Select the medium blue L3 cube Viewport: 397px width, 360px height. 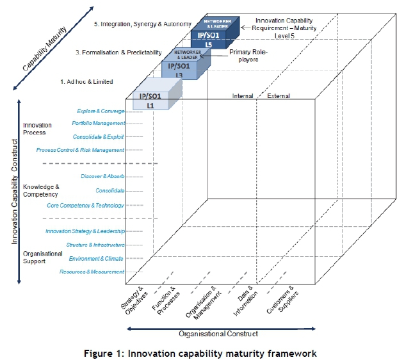pos(180,70)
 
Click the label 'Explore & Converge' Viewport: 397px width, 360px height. pos(101,111)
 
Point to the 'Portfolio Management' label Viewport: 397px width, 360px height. pos(98,123)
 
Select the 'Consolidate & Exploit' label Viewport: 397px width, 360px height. pos(99,136)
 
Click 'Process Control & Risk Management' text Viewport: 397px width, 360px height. pos(80,150)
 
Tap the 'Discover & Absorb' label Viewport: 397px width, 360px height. pos(102,176)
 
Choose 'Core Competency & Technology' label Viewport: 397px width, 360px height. pos(85,206)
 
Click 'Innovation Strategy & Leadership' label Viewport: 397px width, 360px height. pos(85,231)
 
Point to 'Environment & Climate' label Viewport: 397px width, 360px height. pos(96,259)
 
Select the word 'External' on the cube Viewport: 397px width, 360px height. pos(278,96)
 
